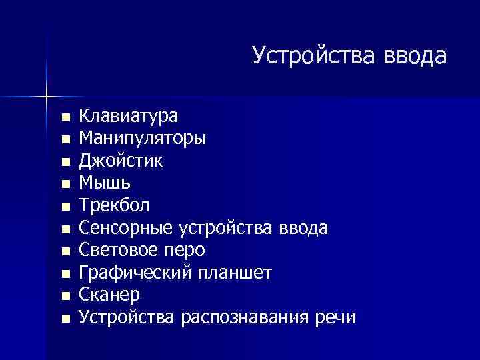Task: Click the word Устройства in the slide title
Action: [314, 56]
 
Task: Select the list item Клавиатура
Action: [129, 117]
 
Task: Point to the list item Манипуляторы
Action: [143, 139]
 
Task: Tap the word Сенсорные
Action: [127, 228]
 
